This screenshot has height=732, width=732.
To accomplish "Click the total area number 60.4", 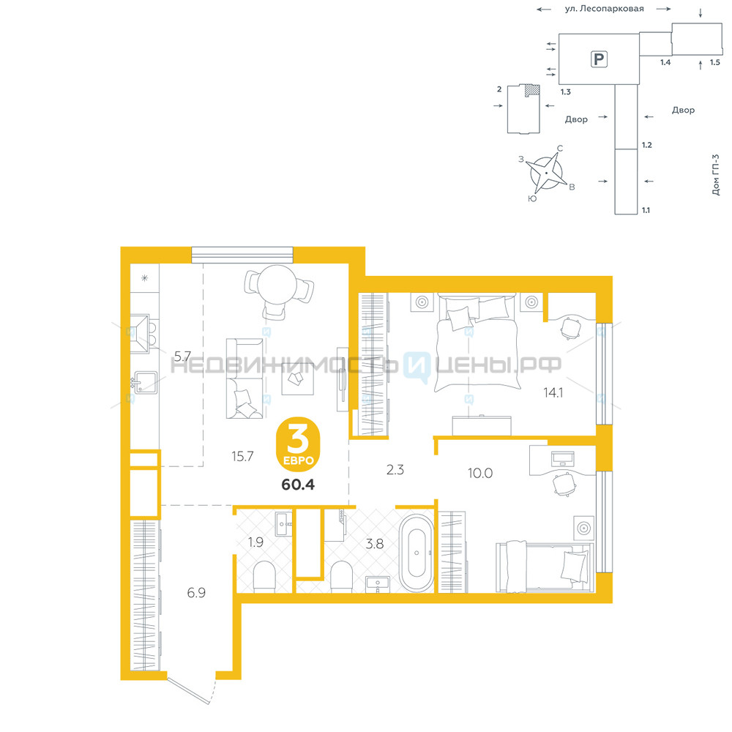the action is (298, 485).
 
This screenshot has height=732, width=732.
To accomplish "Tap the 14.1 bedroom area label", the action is (553, 392).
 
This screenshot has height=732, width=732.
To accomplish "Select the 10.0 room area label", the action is (480, 473).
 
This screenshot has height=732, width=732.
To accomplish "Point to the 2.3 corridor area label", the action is (395, 470).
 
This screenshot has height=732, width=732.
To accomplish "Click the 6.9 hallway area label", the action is (196, 592).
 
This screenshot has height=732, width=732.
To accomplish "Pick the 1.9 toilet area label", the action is (255, 542).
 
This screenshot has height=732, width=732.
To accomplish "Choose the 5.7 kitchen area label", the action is (182, 356).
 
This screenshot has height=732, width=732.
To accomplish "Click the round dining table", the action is (277, 284).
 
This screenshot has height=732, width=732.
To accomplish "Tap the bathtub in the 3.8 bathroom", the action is (417, 553).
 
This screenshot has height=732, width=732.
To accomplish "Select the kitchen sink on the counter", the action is (145, 382).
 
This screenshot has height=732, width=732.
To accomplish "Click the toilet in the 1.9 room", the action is (265, 577).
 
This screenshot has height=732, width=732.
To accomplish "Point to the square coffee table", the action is (297, 378).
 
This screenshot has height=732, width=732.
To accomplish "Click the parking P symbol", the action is (599, 59).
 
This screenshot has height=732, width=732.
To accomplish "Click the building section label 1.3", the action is (566, 92).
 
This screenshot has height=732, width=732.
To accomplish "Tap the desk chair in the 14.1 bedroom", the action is (570, 328).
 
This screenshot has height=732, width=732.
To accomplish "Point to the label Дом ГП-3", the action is (716, 175).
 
